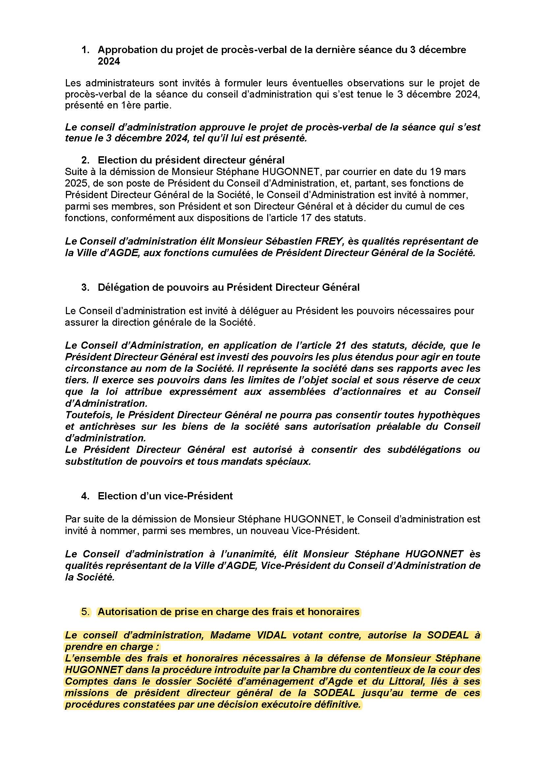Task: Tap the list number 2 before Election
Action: tap(85, 160)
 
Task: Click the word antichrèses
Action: tap(102, 427)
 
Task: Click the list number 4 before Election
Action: tap(85, 496)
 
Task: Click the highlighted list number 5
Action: tap(85, 612)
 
